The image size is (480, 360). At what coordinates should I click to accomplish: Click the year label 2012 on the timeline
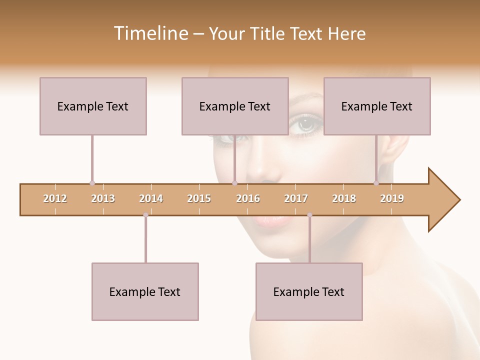(55, 198)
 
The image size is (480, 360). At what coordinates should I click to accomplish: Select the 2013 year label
(103, 198)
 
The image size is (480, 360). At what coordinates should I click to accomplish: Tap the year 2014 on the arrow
(151, 198)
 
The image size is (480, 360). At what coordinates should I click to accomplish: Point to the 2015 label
(199, 198)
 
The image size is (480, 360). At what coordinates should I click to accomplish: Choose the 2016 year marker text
(248, 198)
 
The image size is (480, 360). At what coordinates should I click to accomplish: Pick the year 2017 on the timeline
(296, 198)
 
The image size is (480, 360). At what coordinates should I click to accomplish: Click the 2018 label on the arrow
(344, 198)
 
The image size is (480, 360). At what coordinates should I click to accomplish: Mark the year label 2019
(392, 198)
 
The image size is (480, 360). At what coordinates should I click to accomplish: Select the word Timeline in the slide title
(150, 33)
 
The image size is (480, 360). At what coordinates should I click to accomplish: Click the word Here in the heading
(346, 33)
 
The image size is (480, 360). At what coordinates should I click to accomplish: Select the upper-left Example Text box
(93, 106)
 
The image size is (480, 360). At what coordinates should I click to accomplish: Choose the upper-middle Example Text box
(235, 106)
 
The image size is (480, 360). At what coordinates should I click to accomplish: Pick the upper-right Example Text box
(377, 106)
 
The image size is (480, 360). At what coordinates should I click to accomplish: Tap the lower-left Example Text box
(145, 291)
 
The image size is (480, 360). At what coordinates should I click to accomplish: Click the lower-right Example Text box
(309, 291)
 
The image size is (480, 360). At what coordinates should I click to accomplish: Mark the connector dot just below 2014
(145, 215)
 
